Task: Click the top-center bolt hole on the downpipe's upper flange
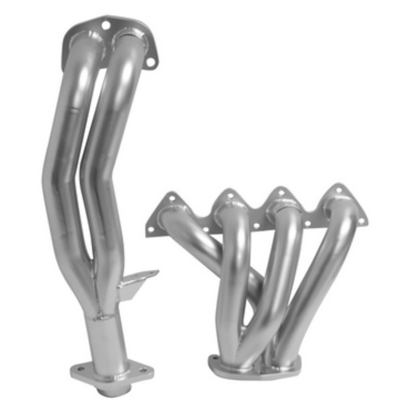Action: pos(105,24)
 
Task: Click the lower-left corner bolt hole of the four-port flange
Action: pos(150,228)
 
